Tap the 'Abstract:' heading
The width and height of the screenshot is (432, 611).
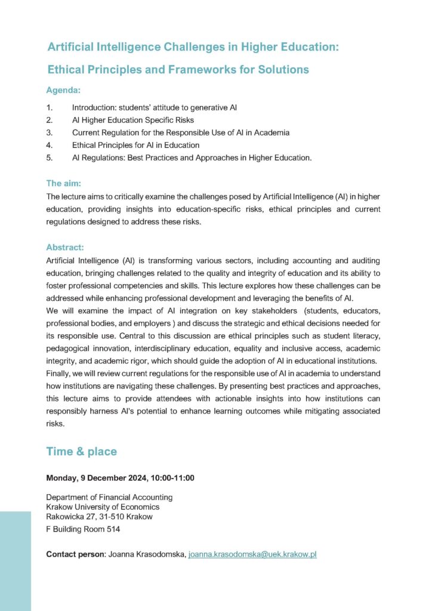click(65, 247)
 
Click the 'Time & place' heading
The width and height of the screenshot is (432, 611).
click(81, 452)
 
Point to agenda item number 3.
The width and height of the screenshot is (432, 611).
click(50, 132)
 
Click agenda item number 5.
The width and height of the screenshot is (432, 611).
click(50, 158)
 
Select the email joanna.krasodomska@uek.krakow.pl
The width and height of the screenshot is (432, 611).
click(252, 554)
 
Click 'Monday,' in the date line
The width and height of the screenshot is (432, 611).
click(63, 478)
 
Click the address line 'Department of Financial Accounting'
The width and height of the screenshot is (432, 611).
click(109, 497)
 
